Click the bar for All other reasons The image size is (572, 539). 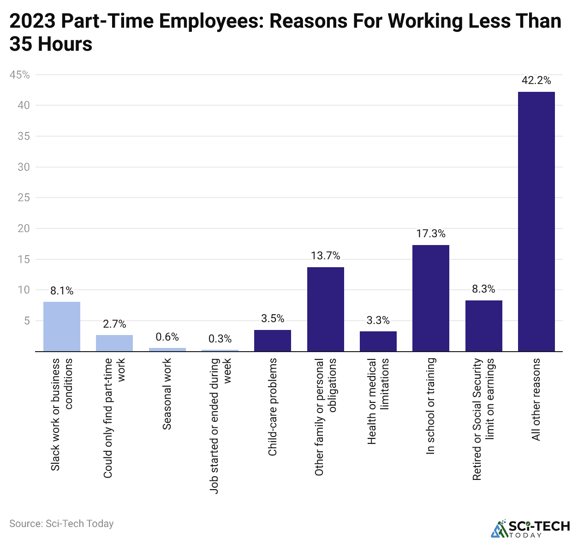pos(536,222)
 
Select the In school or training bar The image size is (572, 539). pos(430,298)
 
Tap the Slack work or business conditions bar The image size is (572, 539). pos(62,327)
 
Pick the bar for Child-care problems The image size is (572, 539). pos(272,341)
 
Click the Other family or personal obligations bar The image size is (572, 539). pos(325,309)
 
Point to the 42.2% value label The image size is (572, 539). pos(536,80)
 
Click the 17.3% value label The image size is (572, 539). pos(430,234)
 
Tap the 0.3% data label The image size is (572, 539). pos(220,339)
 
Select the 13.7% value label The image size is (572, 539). pos(325,256)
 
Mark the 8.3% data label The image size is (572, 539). pos(483,289)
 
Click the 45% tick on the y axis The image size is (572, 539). pos(20,75)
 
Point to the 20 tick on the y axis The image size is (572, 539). pos(24,228)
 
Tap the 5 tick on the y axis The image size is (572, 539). pos(26,321)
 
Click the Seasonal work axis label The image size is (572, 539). pos(167,394)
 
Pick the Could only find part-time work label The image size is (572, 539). pos(114,418)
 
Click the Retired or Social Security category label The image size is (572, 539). pos(483,419)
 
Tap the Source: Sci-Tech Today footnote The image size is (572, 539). pos(61,524)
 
